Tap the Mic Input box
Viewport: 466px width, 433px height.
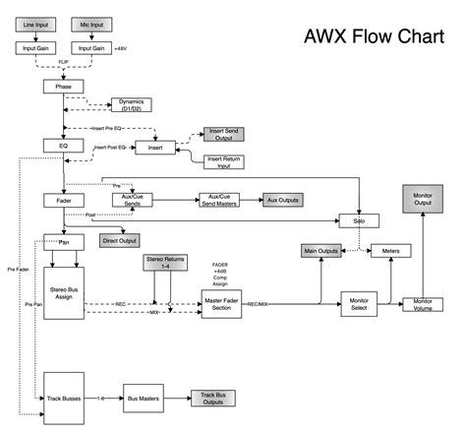tap(90, 22)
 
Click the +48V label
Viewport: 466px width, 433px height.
tap(121, 47)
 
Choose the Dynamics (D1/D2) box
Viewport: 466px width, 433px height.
tap(131, 105)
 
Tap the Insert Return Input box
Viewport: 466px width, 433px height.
tap(224, 161)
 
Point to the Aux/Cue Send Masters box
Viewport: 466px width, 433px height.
tap(220, 200)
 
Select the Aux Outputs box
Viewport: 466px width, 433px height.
tap(281, 200)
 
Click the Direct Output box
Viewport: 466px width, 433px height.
tap(117, 239)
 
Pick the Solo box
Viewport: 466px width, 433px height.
tap(359, 220)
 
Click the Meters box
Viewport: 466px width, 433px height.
tap(389, 252)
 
